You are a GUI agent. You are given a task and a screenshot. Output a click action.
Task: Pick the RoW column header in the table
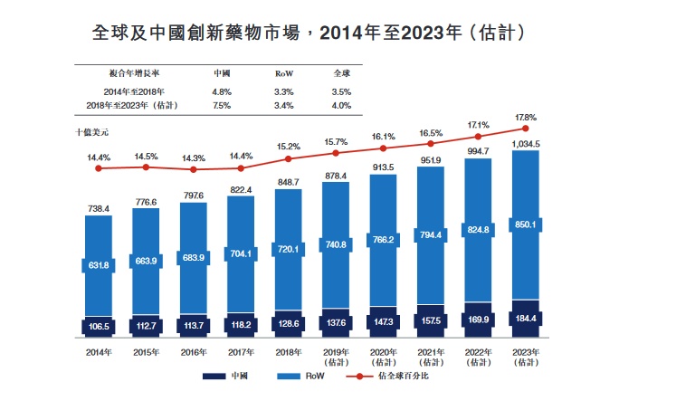point(283,73)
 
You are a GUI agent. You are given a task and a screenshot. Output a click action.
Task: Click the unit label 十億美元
point(92,132)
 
